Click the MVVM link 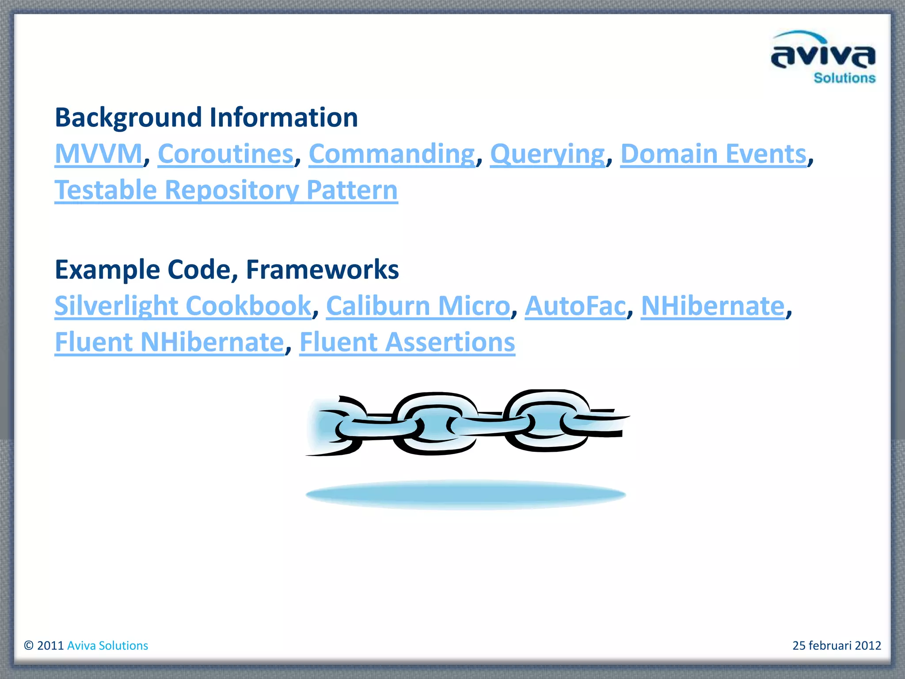[x=99, y=154]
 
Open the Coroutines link [x=226, y=154]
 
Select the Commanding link [x=392, y=154]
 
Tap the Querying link [x=548, y=154]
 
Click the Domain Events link [x=714, y=154]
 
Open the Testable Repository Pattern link [x=226, y=190]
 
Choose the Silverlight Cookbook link [x=183, y=306]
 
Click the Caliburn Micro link [x=418, y=306]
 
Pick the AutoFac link [x=575, y=306]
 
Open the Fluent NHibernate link [x=169, y=342]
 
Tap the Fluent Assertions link [x=407, y=342]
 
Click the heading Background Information [x=206, y=118]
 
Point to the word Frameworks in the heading [x=323, y=270]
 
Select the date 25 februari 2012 [x=837, y=645]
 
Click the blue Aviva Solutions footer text [x=107, y=645]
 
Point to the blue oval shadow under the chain [x=466, y=494]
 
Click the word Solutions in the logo [x=844, y=78]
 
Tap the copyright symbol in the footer [x=29, y=645]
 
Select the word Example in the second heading [x=107, y=270]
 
